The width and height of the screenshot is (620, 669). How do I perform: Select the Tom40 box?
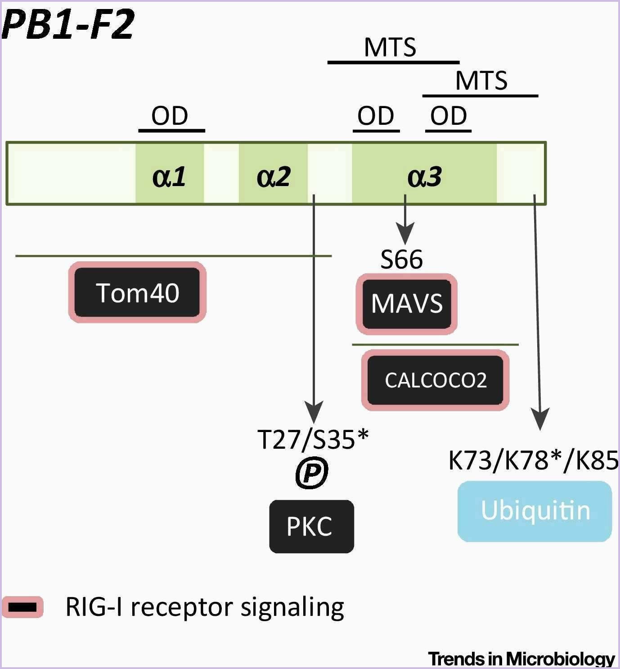[x=137, y=292]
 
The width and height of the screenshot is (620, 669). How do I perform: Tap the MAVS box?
[x=407, y=304]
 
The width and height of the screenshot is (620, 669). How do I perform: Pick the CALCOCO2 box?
[x=436, y=380]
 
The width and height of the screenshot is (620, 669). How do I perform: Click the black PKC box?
[x=311, y=526]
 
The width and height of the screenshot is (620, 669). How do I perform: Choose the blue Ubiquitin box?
[x=535, y=511]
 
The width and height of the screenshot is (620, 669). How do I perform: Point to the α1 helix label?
[x=169, y=176]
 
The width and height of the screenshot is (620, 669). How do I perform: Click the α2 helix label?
[x=273, y=176]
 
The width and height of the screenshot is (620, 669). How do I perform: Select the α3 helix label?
[x=424, y=176]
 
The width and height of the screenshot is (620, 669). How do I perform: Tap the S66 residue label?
[x=401, y=259]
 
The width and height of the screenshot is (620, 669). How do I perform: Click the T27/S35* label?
[x=313, y=439]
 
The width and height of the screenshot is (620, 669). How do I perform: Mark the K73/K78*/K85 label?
[x=534, y=460]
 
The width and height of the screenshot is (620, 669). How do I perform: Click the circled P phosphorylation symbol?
[x=312, y=473]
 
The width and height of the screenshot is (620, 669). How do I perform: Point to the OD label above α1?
[x=170, y=116]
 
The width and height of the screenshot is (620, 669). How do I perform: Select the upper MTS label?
[x=390, y=47]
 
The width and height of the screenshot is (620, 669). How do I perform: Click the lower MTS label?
[x=481, y=81]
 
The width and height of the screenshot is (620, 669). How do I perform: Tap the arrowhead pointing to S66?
[x=405, y=235]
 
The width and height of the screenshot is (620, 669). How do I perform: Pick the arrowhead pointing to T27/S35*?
[x=314, y=412]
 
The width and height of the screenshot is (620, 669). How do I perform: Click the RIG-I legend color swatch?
[x=22, y=607]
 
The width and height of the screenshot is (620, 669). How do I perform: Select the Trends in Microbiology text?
[x=521, y=659]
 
